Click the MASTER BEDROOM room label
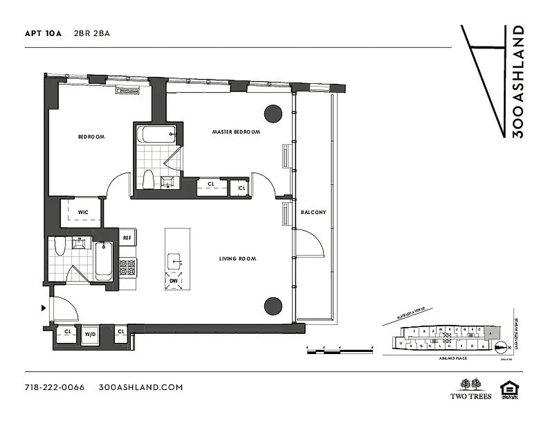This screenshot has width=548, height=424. (236, 132)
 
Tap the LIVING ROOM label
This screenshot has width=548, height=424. (238, 259)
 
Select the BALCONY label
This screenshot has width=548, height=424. (313, 213)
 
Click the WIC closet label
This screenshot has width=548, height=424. (83, 213)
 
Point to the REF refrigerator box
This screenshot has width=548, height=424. (127, 238)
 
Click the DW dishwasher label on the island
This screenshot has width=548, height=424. (174, 281)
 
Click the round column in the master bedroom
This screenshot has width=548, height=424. (273, 113)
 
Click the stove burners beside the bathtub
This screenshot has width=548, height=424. (127, 267)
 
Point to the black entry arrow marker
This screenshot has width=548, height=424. (43, 307)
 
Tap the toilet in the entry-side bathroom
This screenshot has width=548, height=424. (60, 246)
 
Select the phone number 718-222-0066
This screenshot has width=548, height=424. (55, 387)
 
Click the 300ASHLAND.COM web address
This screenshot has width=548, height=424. (141, 387)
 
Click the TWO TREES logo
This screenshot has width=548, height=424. (471, 389)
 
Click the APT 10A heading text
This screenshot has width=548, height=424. (43, 33)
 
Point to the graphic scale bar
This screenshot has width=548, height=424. (340, 349)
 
